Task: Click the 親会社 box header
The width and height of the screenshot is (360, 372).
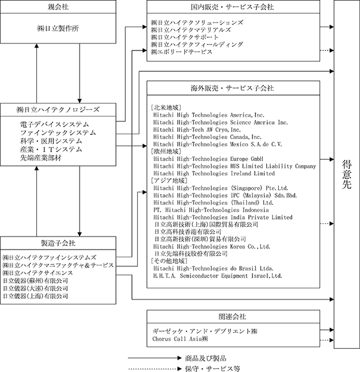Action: point(58,7)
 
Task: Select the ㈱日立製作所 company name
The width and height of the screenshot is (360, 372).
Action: point(58,29)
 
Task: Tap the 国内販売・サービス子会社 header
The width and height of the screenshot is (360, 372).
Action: point(232,7)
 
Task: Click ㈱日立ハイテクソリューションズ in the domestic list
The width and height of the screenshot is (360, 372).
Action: point(197,23)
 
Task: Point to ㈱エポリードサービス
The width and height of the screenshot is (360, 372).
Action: point(181,52)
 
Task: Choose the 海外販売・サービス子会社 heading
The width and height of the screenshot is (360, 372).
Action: point(232,88)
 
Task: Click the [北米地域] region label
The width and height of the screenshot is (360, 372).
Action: point(166,108)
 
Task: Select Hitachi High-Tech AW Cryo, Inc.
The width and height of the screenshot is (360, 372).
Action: point(197,130)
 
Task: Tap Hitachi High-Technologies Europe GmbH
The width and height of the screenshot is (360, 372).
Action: point(209,159)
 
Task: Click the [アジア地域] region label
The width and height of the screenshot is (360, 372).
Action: point(169,181)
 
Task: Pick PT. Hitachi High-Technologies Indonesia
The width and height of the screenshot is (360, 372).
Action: point(211,210)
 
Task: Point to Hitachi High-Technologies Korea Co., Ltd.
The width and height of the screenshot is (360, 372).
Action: point(211,247)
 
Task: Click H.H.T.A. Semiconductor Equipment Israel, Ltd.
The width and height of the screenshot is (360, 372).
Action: point(217,276)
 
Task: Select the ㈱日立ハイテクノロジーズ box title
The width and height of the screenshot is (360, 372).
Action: point(58,109)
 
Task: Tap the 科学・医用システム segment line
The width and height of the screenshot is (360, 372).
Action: point(51,141)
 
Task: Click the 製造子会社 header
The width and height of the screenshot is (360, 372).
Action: point(58,243)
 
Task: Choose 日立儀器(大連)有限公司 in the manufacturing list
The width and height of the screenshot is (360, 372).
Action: point(35,288)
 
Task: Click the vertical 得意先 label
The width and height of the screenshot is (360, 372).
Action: point(347,174)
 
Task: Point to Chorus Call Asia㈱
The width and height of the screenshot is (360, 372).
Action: point(180,339)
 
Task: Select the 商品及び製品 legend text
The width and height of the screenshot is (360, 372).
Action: point(206,358)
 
